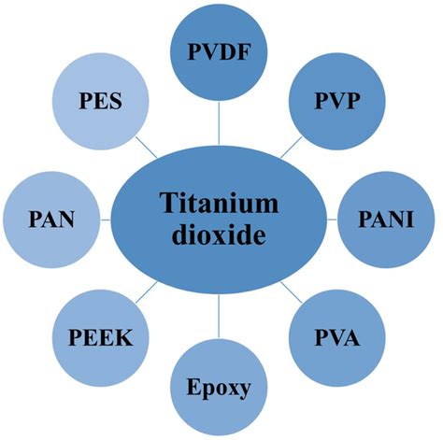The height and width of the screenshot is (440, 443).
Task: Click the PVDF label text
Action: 219,52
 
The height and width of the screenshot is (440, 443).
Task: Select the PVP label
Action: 337,101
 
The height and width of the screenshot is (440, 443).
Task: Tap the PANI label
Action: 386,220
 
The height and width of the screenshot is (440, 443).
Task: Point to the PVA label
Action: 337,337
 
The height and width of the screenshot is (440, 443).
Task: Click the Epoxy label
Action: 219,388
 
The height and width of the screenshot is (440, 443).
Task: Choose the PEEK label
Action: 101,337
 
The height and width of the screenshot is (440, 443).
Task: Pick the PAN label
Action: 51,220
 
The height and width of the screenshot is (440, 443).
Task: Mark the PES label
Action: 100,101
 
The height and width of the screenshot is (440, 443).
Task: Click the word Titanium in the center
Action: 219,203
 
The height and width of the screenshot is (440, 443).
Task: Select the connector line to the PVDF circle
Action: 219,123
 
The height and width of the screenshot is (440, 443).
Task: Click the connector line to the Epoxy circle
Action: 219,316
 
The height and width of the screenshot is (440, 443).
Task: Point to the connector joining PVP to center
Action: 292,148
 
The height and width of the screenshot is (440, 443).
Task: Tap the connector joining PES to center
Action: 147,148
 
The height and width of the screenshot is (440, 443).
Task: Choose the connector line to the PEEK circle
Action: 147,292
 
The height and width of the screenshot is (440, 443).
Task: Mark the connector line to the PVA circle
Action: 292,292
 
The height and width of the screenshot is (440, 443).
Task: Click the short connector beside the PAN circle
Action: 106,220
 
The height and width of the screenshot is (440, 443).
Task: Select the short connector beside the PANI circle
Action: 332,220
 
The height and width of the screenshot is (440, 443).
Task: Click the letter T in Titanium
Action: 166,203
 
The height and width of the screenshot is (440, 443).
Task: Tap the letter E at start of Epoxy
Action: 193,387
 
